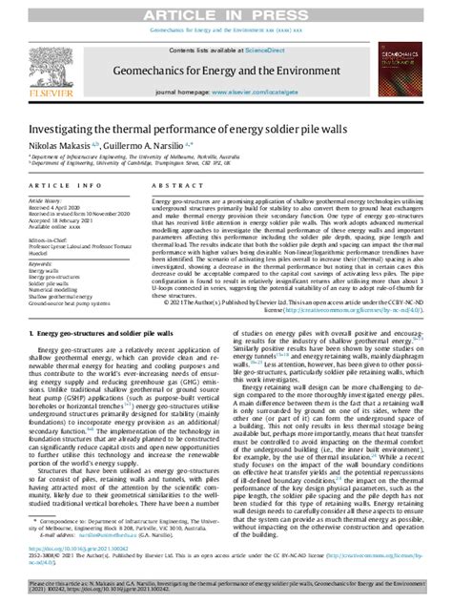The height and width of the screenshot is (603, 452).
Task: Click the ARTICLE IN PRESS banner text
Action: [226, 9]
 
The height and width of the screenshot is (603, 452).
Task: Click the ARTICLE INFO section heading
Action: [66, 186]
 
